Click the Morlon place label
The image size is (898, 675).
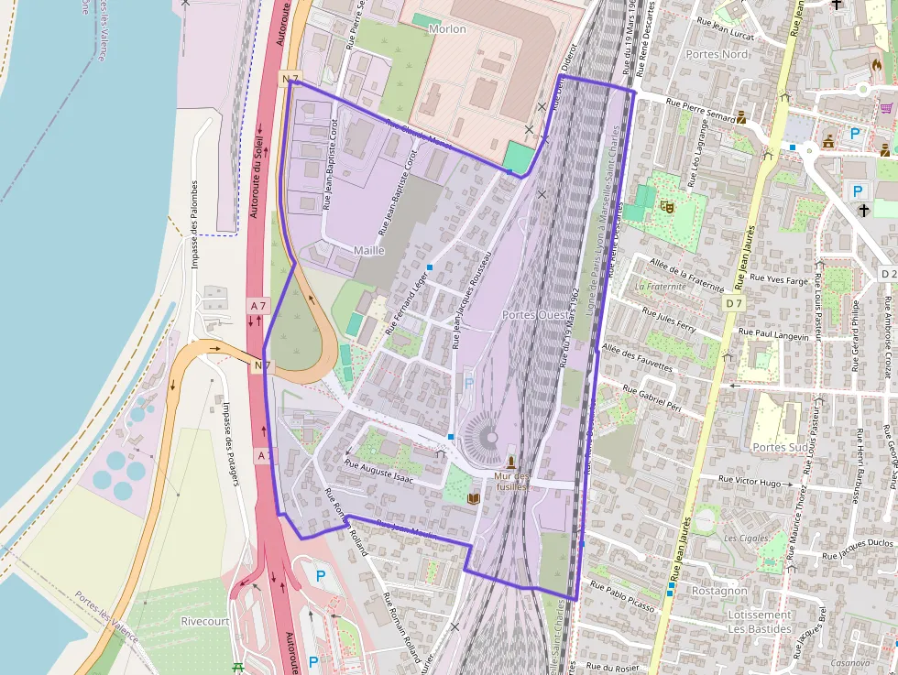pyautogui.click(x=447, y=29)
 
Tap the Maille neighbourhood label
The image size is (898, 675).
pyautogui.click(x=368, y=250)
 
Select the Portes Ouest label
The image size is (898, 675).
pyautogui.click(x=535, y=315)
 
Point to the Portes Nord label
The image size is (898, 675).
pyautogui.click(x=717, y=54)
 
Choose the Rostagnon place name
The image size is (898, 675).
pyautogui.click(x=720, y=591)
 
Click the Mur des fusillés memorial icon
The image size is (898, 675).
pyautogui.click(x=510, y=462)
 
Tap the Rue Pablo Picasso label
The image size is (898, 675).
pyautogui.click(x=622, y=595)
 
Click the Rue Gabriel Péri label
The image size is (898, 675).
pyautogui.click(x=652, y=400)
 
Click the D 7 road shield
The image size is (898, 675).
pyautogui.click(x=732, y=302)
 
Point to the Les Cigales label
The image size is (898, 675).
pyautogui.click(x=747, y=538)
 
